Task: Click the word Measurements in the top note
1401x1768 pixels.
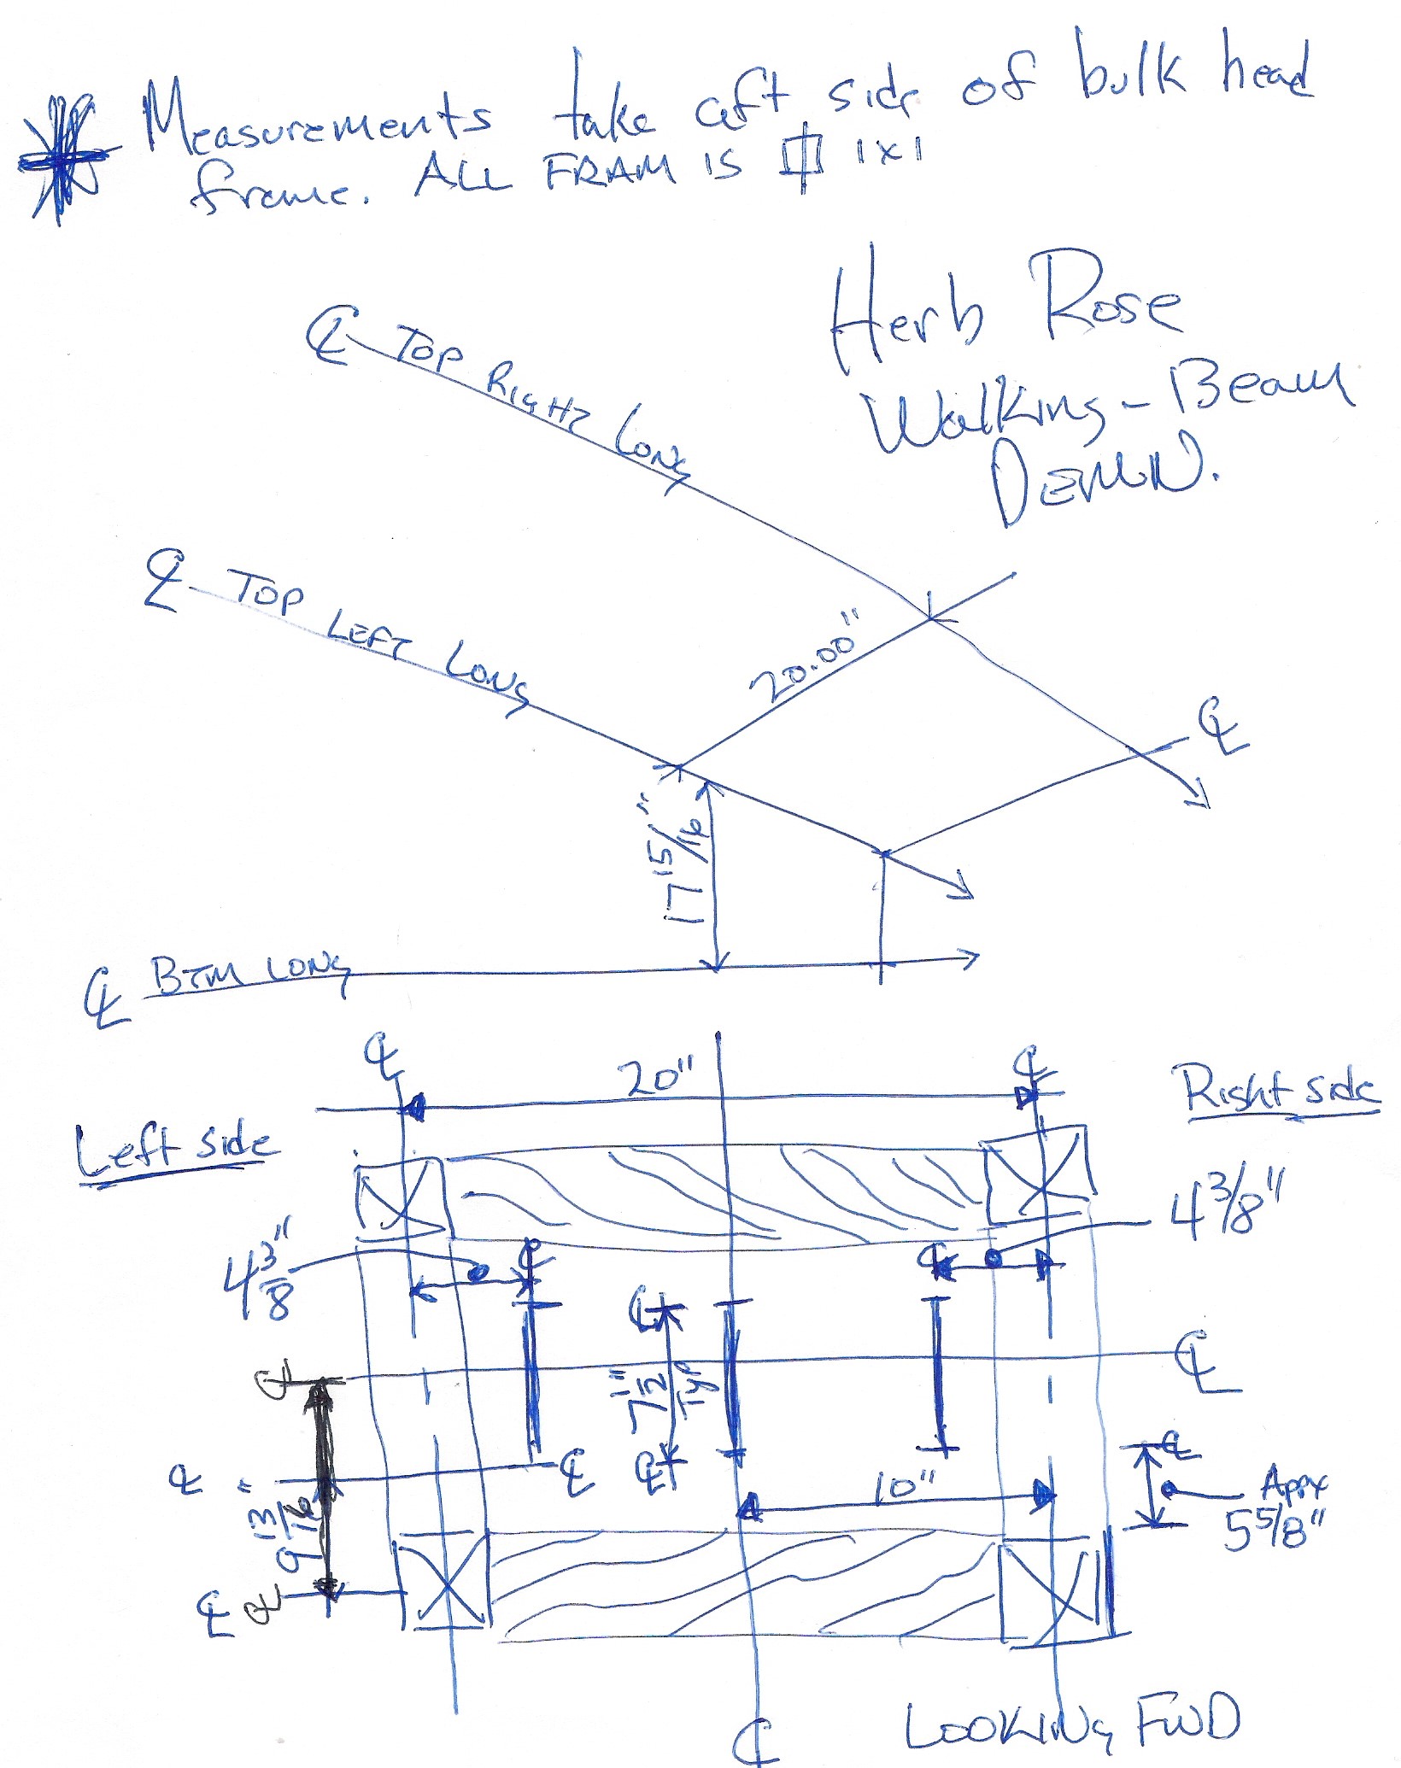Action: [316, 120]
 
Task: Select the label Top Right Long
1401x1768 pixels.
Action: [538, 401]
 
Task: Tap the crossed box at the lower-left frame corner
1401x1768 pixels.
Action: [444, 1580]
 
